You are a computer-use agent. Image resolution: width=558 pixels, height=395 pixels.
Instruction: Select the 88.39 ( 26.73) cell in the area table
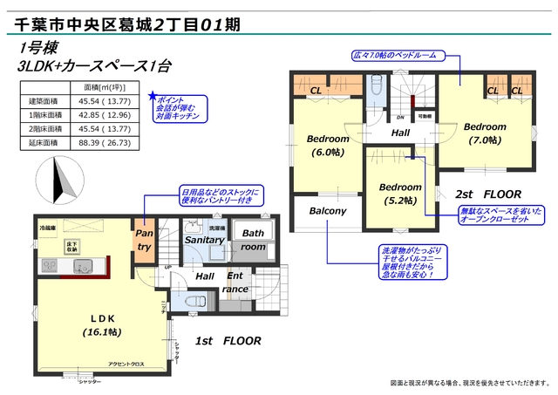pyautogui.click(x=106, y=140)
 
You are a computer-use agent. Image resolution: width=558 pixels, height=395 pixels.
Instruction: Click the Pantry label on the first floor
pyautogui.click(x=145, y=240)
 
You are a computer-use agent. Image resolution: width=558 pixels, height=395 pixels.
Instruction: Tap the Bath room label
pyautogui.click(x=253, y=240)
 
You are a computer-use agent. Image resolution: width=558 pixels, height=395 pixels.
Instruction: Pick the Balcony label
pyautogui.click(x=328, y=211)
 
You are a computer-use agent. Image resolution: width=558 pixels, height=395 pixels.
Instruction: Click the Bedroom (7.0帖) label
pyautogui.click(x=485, y=131)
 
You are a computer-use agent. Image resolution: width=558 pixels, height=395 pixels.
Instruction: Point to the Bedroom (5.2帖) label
pyautogui.click(x=400, y=193)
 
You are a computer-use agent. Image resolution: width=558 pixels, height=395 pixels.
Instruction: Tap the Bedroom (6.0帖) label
pyautogui.click(x=328, y=145)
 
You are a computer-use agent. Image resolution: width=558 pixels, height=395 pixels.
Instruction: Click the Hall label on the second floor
pyautogui.click(x=400, y=134)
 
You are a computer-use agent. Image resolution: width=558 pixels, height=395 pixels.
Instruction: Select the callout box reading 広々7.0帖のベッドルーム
pyautogui.click(x=395, y=56)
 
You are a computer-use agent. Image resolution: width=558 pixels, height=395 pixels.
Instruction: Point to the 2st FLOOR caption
pyautogui.click(x=487, y=194)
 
